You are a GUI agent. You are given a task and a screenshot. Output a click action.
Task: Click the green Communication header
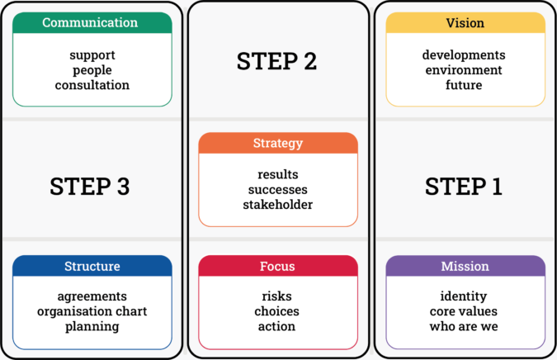point(92,23)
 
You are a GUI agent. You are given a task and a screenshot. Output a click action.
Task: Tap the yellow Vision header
point(465,23)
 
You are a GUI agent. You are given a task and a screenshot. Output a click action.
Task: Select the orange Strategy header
point(278,144)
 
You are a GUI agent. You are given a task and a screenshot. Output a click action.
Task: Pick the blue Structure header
point(92,266)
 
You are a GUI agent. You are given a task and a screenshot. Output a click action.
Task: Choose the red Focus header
point(278,266)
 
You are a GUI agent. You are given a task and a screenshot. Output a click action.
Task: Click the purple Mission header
point(465,266)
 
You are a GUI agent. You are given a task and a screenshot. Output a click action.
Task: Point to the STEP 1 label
point(464,187)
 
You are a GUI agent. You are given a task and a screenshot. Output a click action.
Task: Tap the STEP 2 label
point(276,61)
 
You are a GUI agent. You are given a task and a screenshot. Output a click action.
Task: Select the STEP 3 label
point(90,187)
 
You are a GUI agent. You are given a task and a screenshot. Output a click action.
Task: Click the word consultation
point(92,85)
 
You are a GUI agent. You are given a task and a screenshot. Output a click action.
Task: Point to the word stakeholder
point(278,205)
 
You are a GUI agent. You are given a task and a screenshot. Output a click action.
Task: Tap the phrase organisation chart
point(92,311)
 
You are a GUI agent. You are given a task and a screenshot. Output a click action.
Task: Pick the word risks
point(277,296)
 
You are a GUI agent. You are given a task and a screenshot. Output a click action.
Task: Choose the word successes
point(278,190)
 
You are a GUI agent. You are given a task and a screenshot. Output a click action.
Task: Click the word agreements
point(92,296)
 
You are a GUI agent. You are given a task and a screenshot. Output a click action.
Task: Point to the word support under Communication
point(92,55)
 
